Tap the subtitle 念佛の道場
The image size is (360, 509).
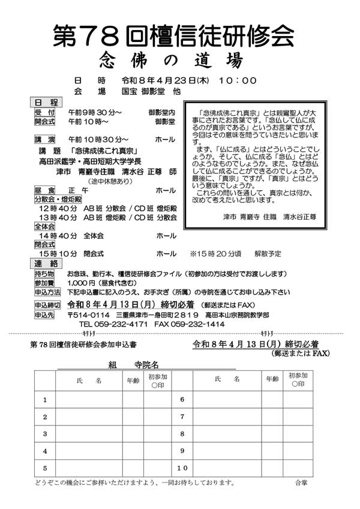click(x=173, y=61)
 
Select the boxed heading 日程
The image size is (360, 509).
click(x=46, y=103)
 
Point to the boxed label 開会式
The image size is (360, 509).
click(x=45, y=121)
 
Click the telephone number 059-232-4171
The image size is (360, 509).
click(x=115, y=324)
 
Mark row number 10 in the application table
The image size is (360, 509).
click(x=182, y=468)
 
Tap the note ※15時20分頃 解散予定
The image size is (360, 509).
click(x=229, y=254)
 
